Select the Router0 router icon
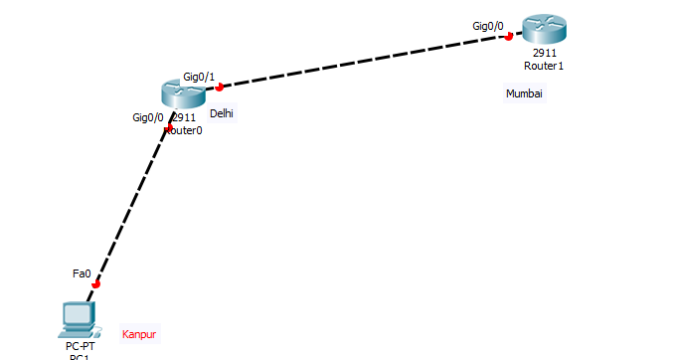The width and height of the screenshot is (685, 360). [181, 93]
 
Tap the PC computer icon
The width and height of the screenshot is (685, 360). [78, 318]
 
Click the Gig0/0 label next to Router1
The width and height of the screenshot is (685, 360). [488, 26]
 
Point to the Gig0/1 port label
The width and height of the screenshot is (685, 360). [199, 77]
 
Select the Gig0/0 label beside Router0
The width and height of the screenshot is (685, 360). [148, 117]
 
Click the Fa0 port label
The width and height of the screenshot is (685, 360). [82, 272]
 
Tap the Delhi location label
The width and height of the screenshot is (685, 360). [222, 113]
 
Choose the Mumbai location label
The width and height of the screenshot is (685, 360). [525, 93]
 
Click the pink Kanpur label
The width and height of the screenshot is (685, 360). [139, 334]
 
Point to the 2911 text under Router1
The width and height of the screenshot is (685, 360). [544, 53]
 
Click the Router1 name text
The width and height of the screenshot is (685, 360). [544, 66]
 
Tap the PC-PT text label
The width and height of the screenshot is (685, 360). [79, 345]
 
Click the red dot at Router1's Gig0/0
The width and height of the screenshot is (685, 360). [508, 37]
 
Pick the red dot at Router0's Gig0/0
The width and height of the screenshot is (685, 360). [166, 128]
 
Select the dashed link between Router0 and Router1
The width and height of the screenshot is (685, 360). [363, 62]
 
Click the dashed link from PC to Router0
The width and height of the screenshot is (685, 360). [131, 205]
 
